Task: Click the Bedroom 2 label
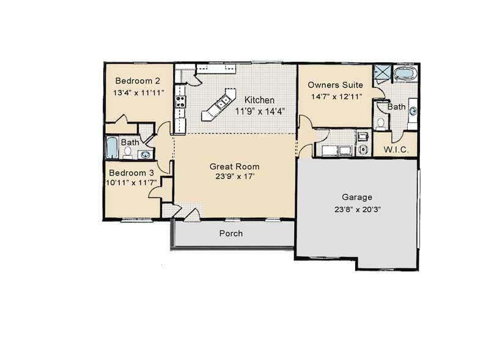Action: pyautogui.click(x=138, y=81)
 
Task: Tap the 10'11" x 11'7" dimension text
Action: pyautogui.click(x=131, y=183)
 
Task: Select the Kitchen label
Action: pyautogui.click(x=259, y=100)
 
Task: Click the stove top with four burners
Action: pyautogui.click(x=180, y=102)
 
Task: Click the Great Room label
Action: pyautogui.click(x=235, y=167)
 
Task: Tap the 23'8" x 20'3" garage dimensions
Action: pyautogui.click(x=358, y=210)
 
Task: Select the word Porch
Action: pyautogui.click(x=231, y=233)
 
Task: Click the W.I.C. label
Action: pyautogui.click(x=396, y=150)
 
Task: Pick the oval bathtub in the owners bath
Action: pyautogui.click(x=405, y=74)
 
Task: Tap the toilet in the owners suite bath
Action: pyautogui.click(x=381, y=123)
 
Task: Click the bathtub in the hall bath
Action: pyautogui.click(x=112, y=147)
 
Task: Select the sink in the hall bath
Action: pyautogui.click(x=145, y=154)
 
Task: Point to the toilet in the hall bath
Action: pyautogui.click(x=128, y=152)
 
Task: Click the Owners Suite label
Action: pyautogui.click(x=335, y=85)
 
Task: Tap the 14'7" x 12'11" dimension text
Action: pyautogui.click(x=337, y=97)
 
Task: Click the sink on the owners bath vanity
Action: pyautogui.click(x=413, y=111)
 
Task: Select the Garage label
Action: pyautogui.click(x=357, y=197)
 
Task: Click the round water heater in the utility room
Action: pyautogui.click(x=363, y=149)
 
